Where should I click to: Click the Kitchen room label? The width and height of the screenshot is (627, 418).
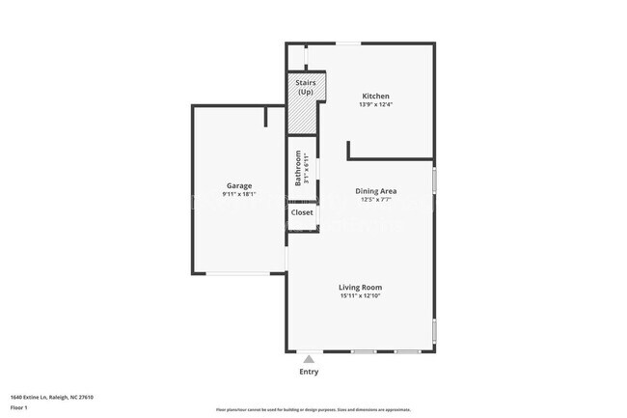375,96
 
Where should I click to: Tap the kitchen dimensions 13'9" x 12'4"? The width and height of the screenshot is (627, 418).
375,104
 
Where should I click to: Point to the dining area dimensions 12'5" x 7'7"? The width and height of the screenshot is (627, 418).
376,200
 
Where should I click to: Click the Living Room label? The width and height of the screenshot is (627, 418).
360,287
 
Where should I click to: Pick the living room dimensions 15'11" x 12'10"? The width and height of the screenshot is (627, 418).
360,295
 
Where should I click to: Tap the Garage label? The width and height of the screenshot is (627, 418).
239,185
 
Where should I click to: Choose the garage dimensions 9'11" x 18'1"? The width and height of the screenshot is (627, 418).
238,194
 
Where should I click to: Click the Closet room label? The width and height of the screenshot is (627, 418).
302,212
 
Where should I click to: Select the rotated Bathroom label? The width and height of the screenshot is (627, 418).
298,169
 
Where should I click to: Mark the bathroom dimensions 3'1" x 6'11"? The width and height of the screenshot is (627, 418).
307,170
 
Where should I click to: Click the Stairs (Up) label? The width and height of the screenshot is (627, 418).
306,88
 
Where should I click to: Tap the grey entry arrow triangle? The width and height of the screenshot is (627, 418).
309,359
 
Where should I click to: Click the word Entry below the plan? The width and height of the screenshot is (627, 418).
309,372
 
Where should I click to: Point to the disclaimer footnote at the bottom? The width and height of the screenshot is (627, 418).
313,410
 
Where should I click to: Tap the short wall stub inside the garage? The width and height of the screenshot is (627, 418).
265,117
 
